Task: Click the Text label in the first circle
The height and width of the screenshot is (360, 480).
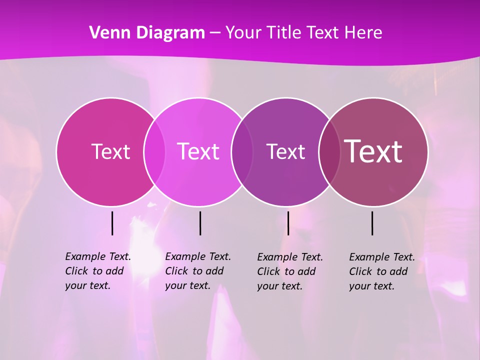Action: (x=110, y=151)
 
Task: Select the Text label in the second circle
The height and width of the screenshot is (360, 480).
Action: (x=198, y=151)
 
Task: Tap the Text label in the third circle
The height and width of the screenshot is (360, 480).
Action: (x=285, y=151)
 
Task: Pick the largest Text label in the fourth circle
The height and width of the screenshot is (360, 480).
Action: (x=373, y=151)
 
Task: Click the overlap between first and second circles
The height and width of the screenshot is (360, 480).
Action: (x=154, y=152)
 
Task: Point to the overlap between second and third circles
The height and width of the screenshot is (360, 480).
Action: (x=242, y=152)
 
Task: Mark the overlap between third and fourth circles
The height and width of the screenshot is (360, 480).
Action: (x=329, y=152)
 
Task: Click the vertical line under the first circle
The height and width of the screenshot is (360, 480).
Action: (x=112, y=223)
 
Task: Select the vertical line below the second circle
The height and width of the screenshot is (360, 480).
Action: (x=200, y=223)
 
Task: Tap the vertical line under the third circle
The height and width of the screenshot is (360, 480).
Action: (x=288, y=223)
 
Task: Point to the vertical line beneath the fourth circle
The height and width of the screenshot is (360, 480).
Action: (x=372, y=223)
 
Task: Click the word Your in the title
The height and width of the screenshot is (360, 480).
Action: (x=242, y=32)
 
